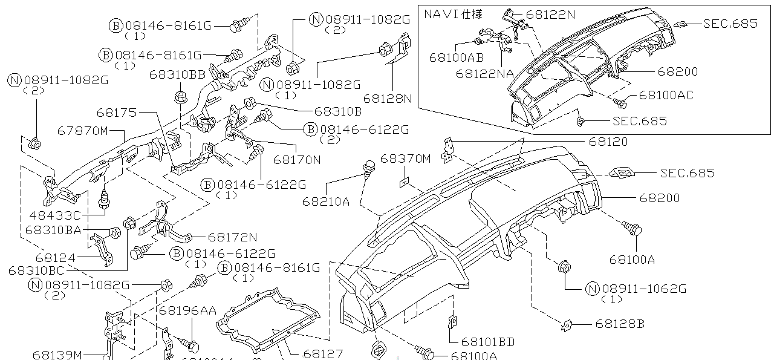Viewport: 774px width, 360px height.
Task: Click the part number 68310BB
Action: (x=177, y=74)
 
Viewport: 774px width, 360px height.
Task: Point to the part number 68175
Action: (x=117, y=113)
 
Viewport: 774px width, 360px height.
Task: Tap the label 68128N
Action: (x=388, y=98)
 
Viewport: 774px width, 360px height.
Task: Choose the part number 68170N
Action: (x=296, y=160)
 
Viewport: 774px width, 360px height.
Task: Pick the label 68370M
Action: (x=405, y=159)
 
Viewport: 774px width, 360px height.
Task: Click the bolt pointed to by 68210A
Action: (x=367, y=166)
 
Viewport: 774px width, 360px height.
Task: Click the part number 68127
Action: (x=323, y=354)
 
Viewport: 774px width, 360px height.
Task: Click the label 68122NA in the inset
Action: (x=484, y=74)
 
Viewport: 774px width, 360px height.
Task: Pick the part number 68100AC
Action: (x=666, y=95)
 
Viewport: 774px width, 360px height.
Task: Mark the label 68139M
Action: (x=57, y=355)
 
